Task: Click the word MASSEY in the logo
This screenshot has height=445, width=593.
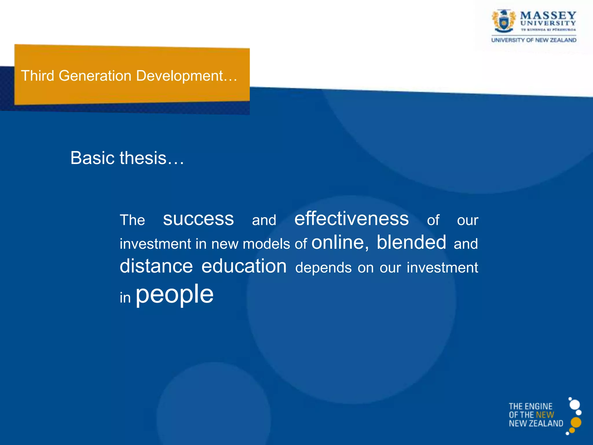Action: pyautogui.click(x=548, y=15)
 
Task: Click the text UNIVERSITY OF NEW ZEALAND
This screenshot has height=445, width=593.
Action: pyautogui.click(x=534, y=40)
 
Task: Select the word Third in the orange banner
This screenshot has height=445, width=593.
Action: pyautogui.click(x=38, y=76)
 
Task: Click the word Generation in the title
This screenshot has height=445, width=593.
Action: pyautogui.click(x=95, y=76)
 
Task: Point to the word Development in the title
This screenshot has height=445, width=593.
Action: pyautogui.click(x=180, y=76)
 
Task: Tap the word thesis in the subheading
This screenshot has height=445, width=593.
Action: pyautogui.click(x=143, y=158)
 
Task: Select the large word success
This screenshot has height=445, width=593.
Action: pyautogui.click(x=198, y=219)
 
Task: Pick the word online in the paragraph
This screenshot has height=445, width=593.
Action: pyautogui.click(x=338, y=242)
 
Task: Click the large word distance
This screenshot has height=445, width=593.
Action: pyautogui.click(x=156, y=266)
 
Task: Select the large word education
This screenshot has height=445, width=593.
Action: pyautogui.click(x=244, y=266)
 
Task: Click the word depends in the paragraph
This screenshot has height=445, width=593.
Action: pyautogui.click(x=323, y=268)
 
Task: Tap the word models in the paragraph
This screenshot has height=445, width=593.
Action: pyautogui.click(x=266, y=244)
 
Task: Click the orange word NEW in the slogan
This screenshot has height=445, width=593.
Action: pyautogui.click(x=545, y=415)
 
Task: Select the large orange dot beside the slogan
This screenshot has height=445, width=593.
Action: pyautogui.click(x=576, y=422)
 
